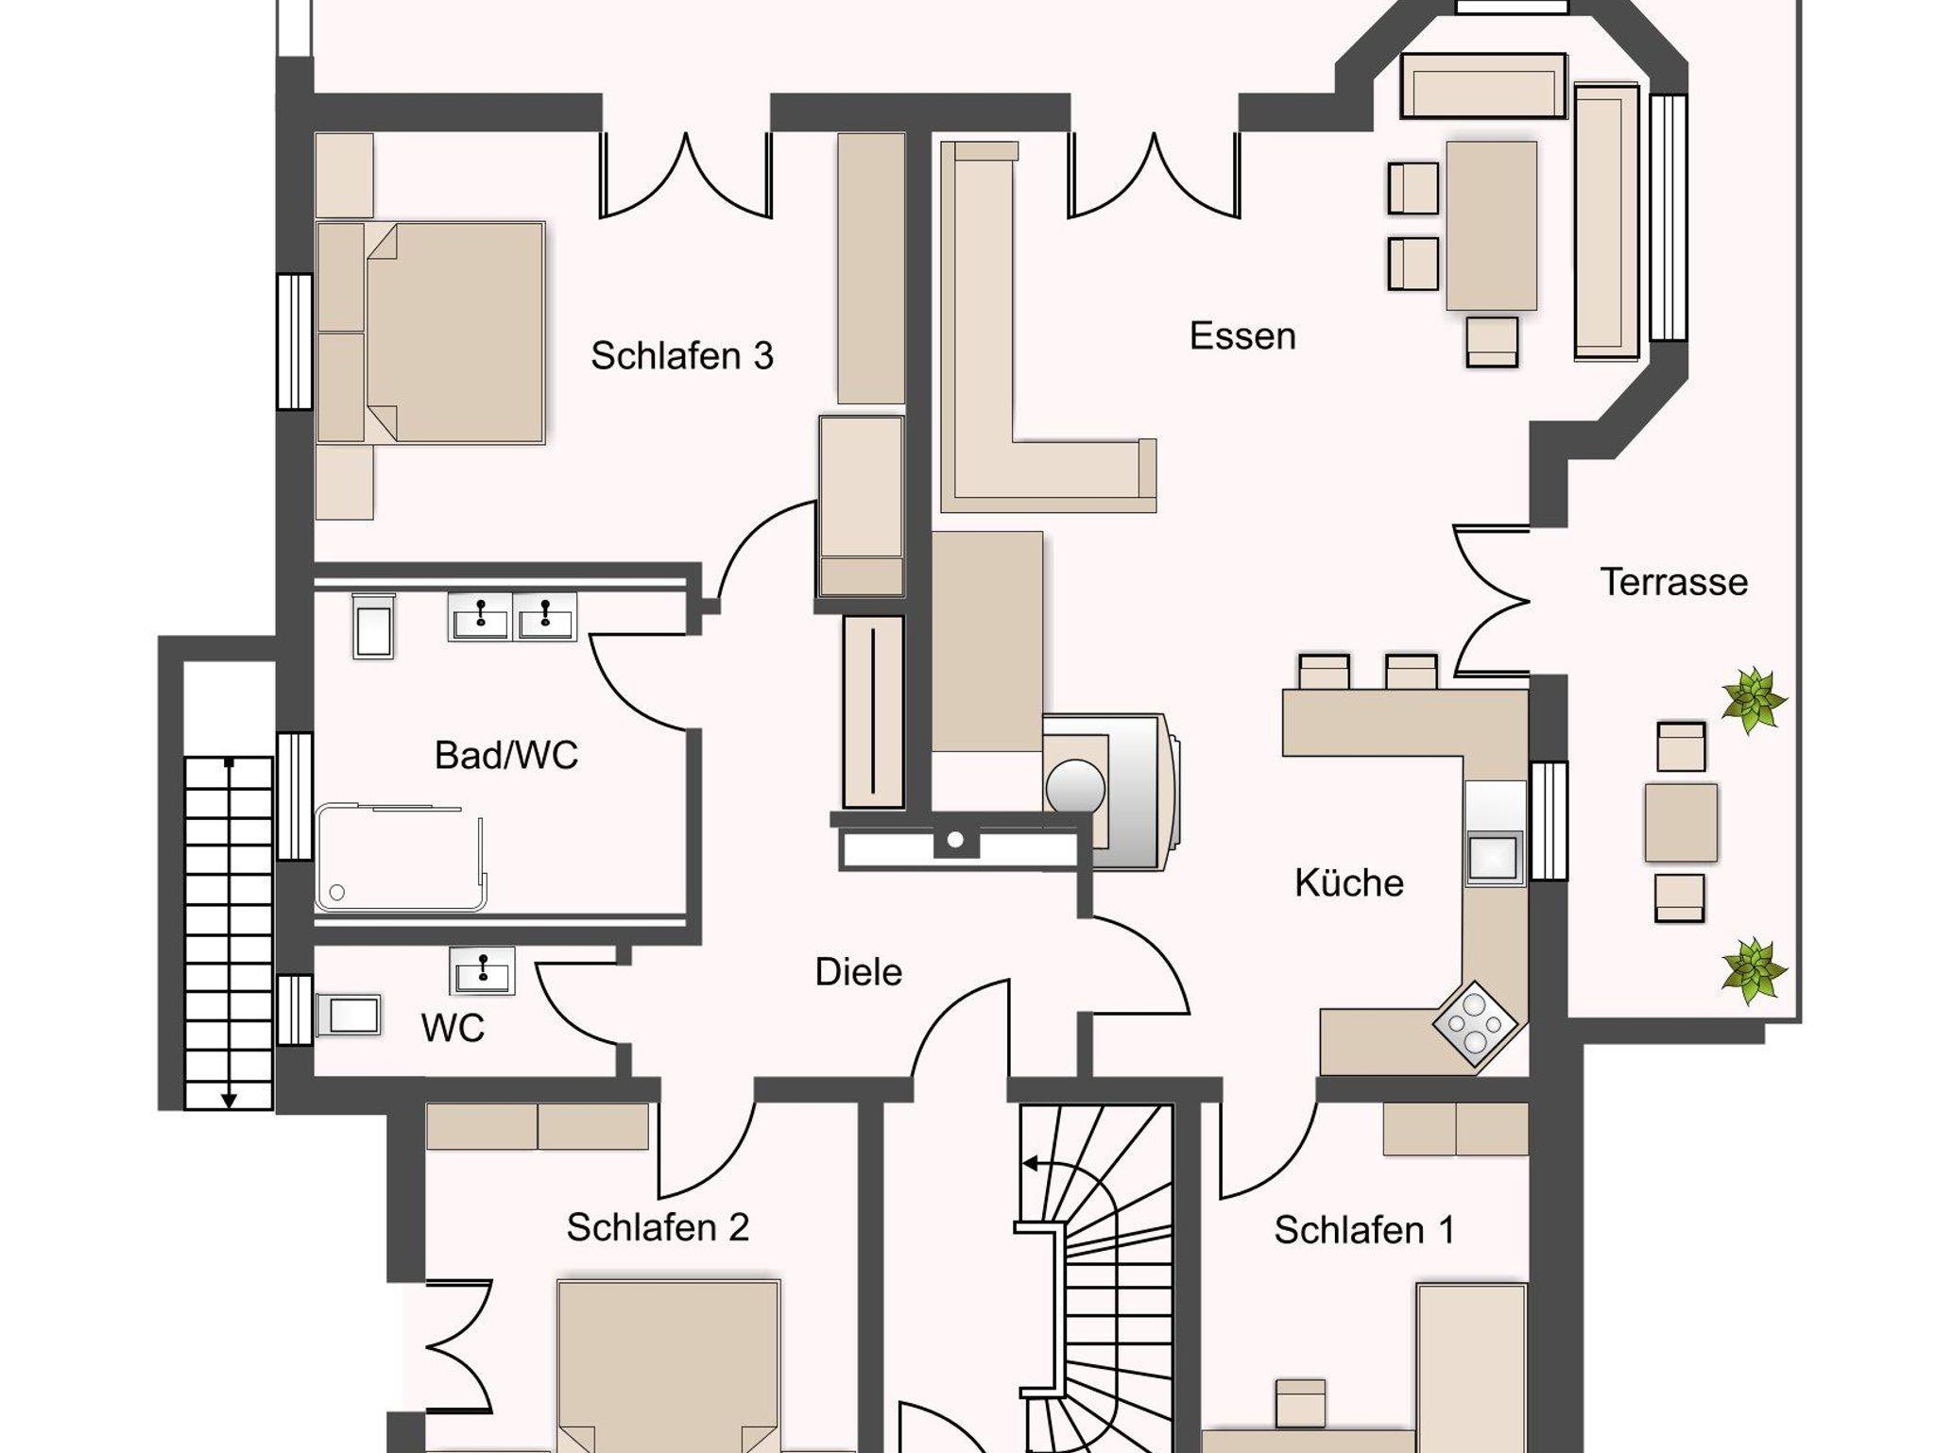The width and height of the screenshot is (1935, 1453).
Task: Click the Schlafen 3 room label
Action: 681,355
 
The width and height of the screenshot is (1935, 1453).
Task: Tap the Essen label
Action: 1242,336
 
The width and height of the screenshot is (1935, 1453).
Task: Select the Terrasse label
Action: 1673,582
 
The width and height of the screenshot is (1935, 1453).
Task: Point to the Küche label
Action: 1349,883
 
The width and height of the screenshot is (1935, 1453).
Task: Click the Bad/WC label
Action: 506,755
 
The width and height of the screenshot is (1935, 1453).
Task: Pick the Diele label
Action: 859,972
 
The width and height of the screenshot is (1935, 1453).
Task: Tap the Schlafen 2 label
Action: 658,1227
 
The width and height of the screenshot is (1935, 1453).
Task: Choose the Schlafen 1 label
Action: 1364,1230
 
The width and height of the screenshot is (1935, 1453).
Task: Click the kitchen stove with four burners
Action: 1475,1024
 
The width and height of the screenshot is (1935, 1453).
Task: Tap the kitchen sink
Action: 1494,858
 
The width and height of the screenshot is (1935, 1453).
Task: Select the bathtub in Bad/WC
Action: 401,857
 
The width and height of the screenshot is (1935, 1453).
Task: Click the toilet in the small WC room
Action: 349,1016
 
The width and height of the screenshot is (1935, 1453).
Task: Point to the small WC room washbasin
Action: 483,970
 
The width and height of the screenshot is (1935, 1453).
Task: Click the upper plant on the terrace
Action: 1753,700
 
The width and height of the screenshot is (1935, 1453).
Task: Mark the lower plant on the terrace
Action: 1754,970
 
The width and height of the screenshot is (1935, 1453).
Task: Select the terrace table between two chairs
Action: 1681,822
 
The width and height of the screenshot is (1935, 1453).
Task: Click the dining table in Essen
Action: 1491,225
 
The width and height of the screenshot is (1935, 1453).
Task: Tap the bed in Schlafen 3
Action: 431,333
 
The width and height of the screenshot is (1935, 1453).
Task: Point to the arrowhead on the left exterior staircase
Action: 229,1099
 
